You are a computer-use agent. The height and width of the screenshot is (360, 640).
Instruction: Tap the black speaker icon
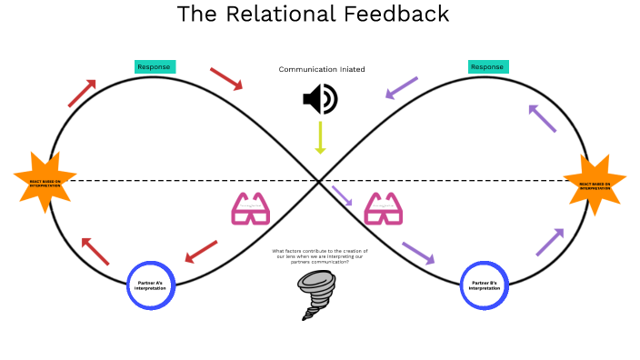pyautogui.click(x=319, y=99)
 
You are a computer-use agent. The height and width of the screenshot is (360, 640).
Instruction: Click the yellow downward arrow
pyautogui.click(x=320, y=137)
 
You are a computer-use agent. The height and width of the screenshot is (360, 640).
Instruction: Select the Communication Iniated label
pyautogui.click(x=321, y=69)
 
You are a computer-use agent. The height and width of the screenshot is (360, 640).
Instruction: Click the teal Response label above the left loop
pyautogui.click(x=155, y=66)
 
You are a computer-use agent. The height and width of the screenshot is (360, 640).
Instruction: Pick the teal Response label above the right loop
pyautogui.click(x=488, y=66)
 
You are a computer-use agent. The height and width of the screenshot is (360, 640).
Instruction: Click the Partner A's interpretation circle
pyautogui.click(x=150, y=285)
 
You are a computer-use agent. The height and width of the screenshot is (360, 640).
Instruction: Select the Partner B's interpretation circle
pyautogui.click(x=485, y=285)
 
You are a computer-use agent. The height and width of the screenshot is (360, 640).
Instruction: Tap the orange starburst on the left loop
pyautogui.click(x=45, y=182)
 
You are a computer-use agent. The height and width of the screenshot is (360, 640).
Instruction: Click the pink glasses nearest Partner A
pyautogui.click(x=251, y=209)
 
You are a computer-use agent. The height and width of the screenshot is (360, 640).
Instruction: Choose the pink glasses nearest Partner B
pyautogui.click(x=384, y=209)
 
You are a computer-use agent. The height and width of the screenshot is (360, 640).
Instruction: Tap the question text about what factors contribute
pyautogui.click(x=320, y=256)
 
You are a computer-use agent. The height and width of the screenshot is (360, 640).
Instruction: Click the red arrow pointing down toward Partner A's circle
pyautogui.click(x=202, y=251)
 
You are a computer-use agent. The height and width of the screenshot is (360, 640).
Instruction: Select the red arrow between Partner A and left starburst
pyautogui.click(x=95, y=252)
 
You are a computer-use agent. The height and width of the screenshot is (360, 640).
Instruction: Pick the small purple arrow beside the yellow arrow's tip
pyautogui.click(x=343, y=195)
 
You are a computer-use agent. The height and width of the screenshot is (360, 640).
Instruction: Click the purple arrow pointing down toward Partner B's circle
pyautogui.click(x=418, y=253)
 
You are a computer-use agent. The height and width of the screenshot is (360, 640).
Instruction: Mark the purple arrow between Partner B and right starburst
pyautogui.click(x=549, y=242)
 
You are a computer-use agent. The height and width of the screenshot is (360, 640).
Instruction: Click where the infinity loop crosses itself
pyautogui.click(x=320, y=180)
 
